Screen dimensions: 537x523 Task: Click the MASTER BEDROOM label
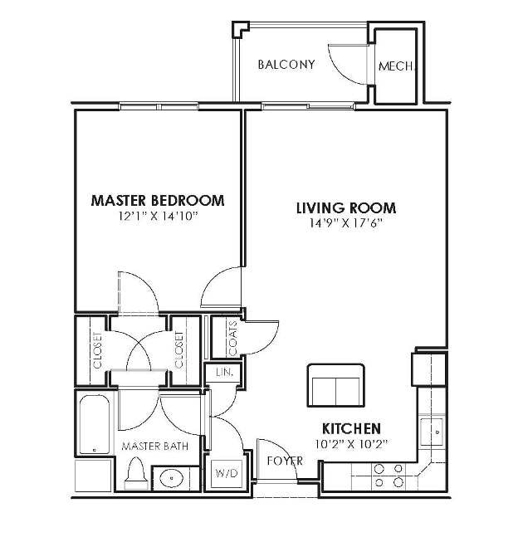click(157, 200)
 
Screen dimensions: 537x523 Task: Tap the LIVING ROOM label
click(346, 207)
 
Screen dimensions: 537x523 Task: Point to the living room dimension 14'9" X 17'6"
click(346, 223)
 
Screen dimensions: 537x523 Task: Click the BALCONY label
click(286, 64)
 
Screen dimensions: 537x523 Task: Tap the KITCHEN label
click(352, 427)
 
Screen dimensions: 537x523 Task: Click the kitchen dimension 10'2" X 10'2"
click(352, 443)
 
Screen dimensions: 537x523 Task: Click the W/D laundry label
click(225, 474)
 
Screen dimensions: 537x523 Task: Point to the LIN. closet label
click(223, 373)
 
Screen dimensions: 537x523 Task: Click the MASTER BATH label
click(155, 446)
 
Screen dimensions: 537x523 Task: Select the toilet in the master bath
click(136, 476)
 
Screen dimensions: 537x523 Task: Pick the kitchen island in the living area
click(335, 383)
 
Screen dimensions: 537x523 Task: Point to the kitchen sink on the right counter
click(434, 432)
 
